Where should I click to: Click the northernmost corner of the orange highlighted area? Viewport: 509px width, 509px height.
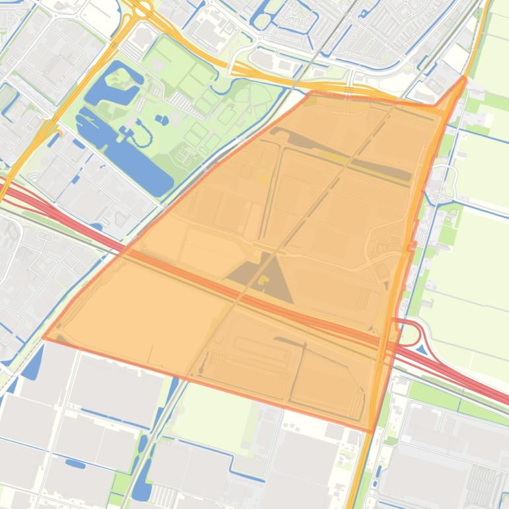click(x=465, y=79)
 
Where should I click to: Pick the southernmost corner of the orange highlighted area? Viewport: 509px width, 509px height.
click(x=372, y=431)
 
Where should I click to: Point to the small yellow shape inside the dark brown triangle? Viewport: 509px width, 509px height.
click(x=264, y=280)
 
